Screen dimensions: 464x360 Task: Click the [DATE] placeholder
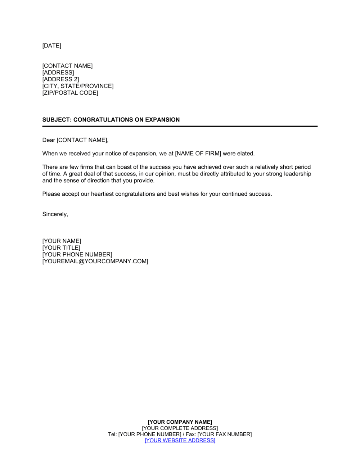52,46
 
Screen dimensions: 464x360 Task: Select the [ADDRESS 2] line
60,79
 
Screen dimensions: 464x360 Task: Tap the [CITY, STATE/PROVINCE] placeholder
78,86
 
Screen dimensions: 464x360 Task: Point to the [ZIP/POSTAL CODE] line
70,93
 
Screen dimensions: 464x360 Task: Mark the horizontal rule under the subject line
180,126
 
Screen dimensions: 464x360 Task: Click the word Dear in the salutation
49,140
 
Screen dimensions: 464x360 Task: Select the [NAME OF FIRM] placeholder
198,154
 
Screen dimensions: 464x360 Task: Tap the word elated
246,154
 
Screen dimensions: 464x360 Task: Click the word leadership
297,174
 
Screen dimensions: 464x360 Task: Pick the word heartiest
102,194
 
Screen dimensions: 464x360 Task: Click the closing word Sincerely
55,214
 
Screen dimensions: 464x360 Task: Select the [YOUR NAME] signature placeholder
62,241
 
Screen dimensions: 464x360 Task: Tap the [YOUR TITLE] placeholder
61,248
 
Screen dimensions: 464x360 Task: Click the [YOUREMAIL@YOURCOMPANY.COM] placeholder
95,261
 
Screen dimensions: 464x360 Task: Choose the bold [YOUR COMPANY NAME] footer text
180,422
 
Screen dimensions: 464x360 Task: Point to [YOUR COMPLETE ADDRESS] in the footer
180,428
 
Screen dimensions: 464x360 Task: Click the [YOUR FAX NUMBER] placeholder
225,434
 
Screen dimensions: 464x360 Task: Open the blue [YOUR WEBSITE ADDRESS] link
180,440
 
